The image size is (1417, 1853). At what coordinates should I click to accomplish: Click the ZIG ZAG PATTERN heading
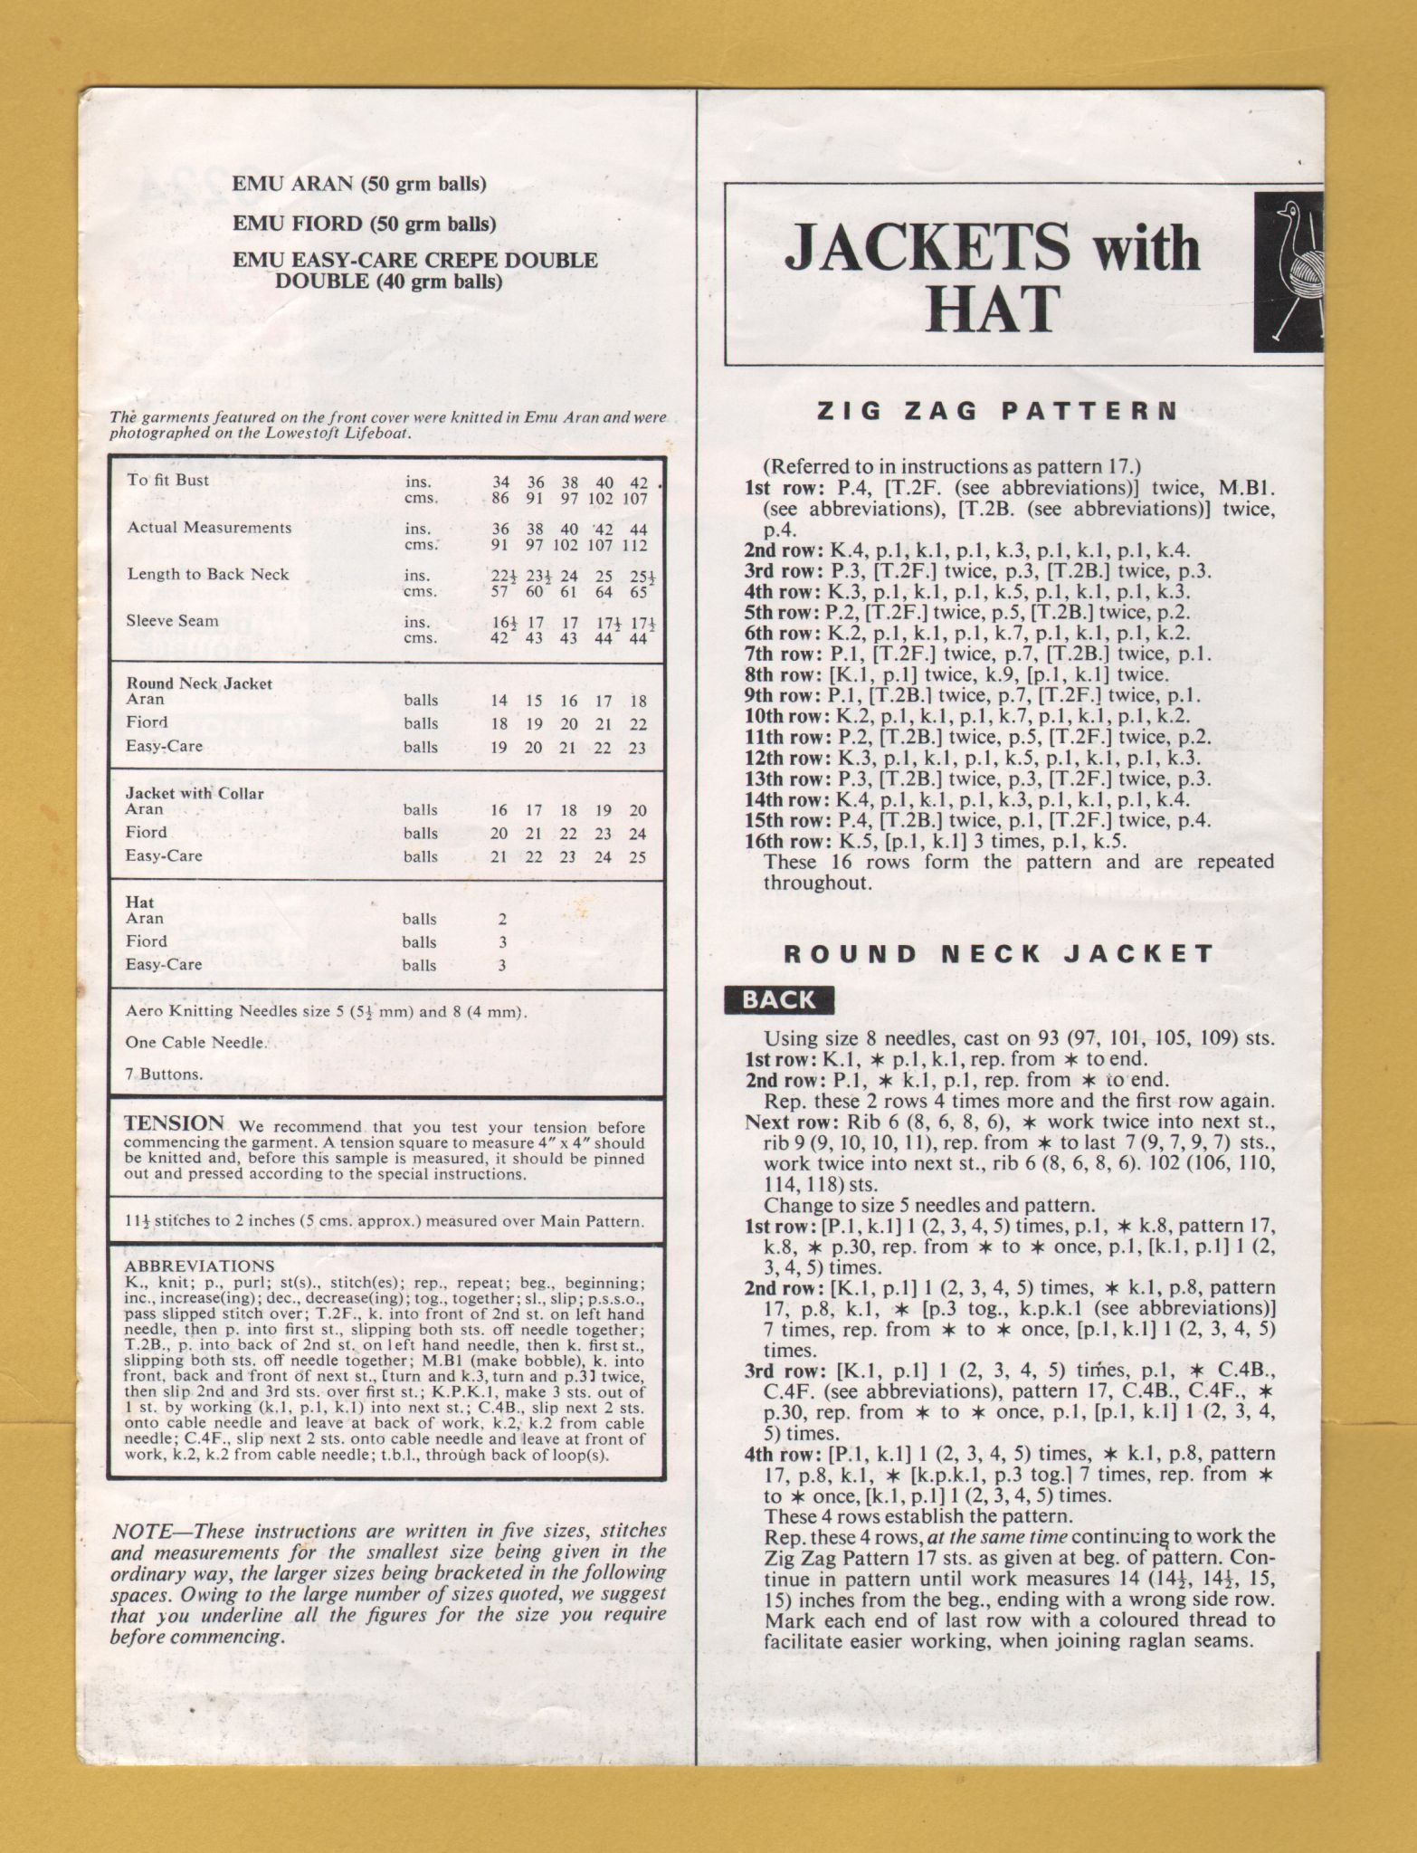(997, 412)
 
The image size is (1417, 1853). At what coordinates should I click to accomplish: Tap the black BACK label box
(779, 1000)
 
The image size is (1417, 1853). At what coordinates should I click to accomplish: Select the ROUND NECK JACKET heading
(998, 953)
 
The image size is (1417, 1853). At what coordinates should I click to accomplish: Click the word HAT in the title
(993, 308)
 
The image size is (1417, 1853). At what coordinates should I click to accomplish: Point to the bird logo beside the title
(1289, 272)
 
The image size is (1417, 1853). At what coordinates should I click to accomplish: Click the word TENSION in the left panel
(174, 1123)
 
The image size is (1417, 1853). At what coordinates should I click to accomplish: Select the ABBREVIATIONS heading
(198, 1266)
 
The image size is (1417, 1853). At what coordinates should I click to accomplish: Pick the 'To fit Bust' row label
(168, 481)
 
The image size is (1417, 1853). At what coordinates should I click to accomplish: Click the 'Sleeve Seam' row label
(173, 621)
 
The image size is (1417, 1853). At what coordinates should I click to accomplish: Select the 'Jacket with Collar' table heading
(195, 794)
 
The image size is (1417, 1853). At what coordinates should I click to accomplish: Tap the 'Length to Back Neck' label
(208, 574)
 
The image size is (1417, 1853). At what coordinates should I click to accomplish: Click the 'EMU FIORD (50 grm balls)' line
(364, 223)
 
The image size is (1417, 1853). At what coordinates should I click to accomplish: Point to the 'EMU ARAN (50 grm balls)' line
(359, 184)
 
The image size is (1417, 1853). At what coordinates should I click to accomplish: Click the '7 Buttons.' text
(165, 1075)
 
